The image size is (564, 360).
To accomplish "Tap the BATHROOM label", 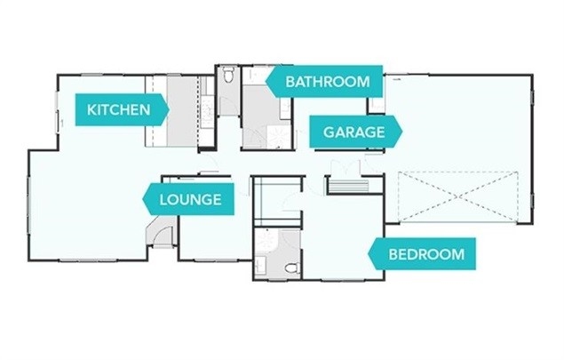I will pos(326,82).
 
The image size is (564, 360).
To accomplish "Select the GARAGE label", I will pos(353,132).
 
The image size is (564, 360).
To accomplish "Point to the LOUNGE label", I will pos(189,199).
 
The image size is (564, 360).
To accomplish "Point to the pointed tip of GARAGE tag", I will pos(401,132).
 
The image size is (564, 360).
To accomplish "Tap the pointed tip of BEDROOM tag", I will pos(370,254).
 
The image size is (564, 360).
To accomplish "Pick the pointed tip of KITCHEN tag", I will pos(169,110).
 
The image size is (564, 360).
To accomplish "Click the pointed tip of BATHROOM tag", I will pos(270,82).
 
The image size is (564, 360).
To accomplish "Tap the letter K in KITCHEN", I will pos(91,110).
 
